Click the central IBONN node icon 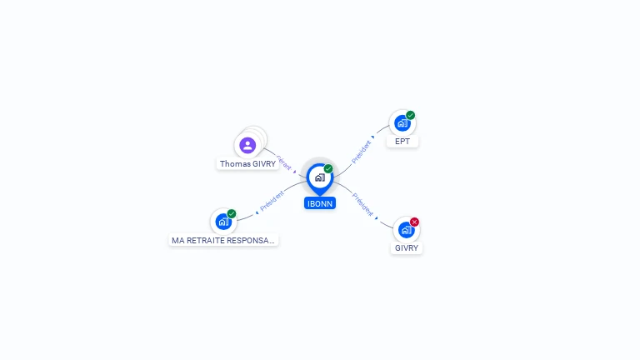click(x=319, y=177)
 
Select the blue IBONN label click(x=320, y=203)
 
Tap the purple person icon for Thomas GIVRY click(x=247, y=146)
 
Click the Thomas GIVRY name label click(x=247, y=164)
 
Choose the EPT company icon click(x=402, y=123)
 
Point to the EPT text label click(x=402, y=142)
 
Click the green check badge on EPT click(x=411, y=115)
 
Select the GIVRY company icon click(x=406, y=230)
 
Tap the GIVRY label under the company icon click(x=407, y=248)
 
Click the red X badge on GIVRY click(x=414, y=222)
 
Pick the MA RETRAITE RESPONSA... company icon click(x=222, y=222)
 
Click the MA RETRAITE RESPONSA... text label click(x=222, y=240)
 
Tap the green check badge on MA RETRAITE click(x=232, y=213)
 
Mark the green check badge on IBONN click(x=328, y=168)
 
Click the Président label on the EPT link click(x=361, y=152)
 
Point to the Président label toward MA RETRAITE click(x=272, y=200)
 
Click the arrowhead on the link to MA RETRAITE click(x=257, y=212)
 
